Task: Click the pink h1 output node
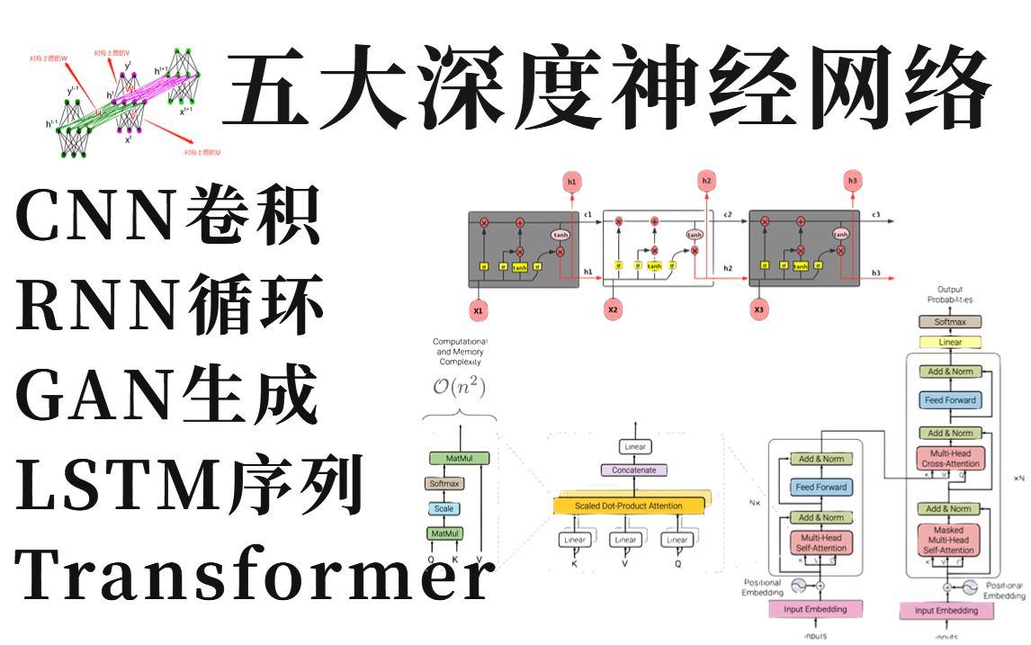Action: [571, 183]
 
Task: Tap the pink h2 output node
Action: [705, 182]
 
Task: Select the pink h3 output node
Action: [852, 182]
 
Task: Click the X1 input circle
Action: [479, 311]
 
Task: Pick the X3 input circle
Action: [759, 311]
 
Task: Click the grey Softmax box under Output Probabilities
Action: [949, 321]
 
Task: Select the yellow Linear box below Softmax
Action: [949, 342]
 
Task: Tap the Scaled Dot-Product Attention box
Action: [629, 506]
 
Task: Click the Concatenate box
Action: [634, 470]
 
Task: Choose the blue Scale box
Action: [444, 508]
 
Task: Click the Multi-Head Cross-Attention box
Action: [948, 458]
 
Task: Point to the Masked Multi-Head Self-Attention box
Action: [948, 541]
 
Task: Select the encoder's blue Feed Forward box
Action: [820, 487]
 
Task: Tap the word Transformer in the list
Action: [255, 576]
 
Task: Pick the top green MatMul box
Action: [459, 459]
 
